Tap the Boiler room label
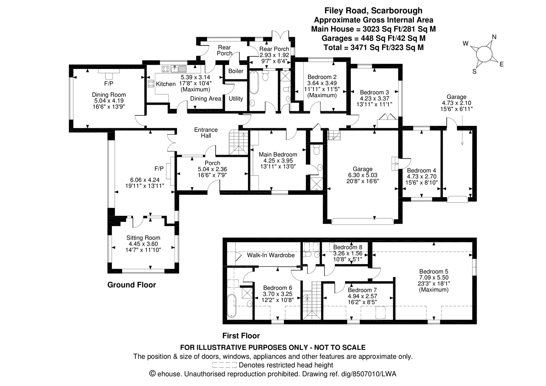pos(236,71)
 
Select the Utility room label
pos(236,99)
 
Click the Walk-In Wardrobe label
pos(270,255)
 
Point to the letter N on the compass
pos(494,37)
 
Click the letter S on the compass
pos(475,71)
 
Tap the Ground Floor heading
pos(131,285)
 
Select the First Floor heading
pos(241,336)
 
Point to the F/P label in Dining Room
pos(109,84)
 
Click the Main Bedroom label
pos(278,154)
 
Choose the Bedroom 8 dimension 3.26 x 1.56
pos(348,253)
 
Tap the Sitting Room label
pos(143,238)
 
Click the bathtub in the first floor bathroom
pos(232,306)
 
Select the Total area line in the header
pos(373,47)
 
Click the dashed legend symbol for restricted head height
pos(224,365)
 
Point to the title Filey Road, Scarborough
pos(373,11)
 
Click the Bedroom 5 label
pos(434,271)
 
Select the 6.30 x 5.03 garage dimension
pos(363,175)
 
